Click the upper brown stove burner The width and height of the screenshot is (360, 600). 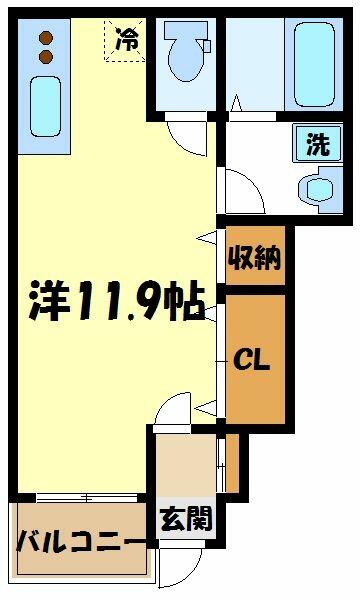point(46,38)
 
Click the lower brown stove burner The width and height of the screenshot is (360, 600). point(46,57)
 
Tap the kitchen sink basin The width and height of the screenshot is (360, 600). point(46,106)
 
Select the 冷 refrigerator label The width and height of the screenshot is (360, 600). point(127,39)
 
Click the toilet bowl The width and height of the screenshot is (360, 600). point(187,58)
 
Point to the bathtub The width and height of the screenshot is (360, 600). point(314,64)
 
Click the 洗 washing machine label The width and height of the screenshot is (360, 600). point(318,145)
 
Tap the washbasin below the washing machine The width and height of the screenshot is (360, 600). point(321,189)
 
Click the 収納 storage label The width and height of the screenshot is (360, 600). point(254,258)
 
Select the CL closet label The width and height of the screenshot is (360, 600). point(252,360)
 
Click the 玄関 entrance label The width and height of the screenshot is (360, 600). point(186,519)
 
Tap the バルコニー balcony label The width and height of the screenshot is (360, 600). point(82,540)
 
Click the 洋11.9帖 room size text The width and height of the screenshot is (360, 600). point(117,300)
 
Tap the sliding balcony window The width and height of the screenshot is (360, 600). point(87,497)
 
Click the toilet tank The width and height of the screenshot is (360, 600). point(186,29)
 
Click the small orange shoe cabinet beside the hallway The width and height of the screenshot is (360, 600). point(232,463)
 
